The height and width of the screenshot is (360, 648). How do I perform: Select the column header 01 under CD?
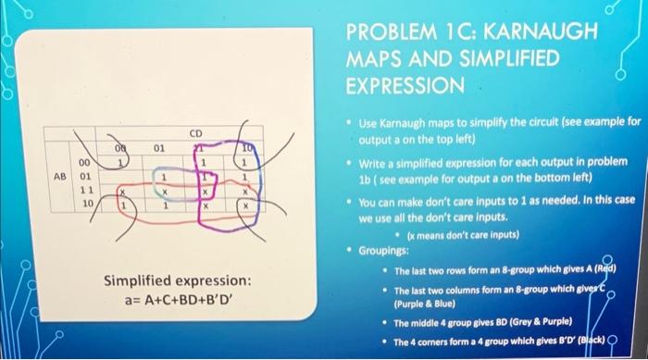tap(158, 146)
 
